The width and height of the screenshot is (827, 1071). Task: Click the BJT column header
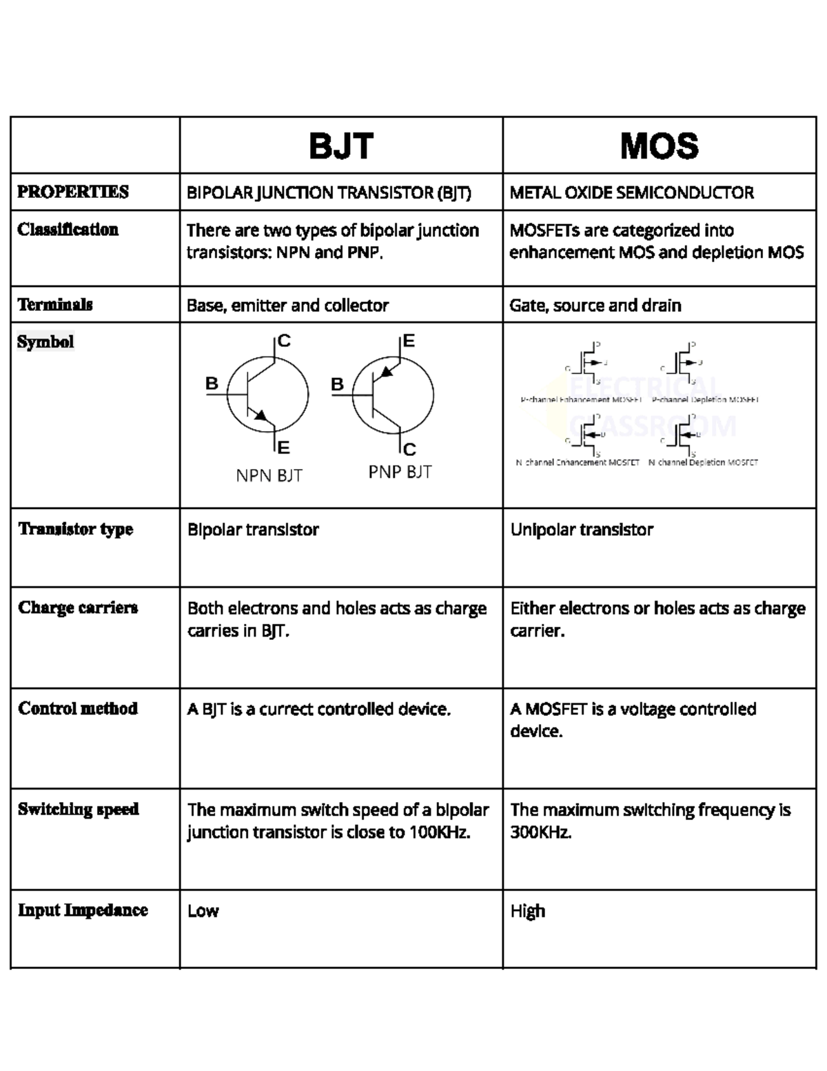pyautogui.click(x=341, y=146)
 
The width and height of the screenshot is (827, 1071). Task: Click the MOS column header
pyautogui.click(x=660, y=146)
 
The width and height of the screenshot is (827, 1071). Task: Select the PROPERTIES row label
pyautogui.click(x=73, y=192)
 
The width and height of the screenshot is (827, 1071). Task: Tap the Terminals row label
pyautogui.click(x=55, y=305)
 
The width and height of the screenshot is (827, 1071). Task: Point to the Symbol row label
pyautogui.click(x=45, y=342)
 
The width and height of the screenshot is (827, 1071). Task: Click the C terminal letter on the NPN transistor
pyautogui.click(x=284, y=341)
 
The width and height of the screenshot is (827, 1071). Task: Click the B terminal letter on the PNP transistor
pyautogui.click(x=338, y=385)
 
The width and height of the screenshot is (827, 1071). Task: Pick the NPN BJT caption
pyautogui.click(x=269, y=476)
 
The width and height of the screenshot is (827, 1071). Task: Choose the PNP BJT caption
pyautogui.click(x=400, y=472)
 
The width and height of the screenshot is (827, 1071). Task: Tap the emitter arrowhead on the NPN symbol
pyautogui.click(x=261, y=415)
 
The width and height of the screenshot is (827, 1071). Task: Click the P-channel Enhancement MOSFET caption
pyautogui.click(x=581, y=400)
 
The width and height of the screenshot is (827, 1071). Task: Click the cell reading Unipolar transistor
pyautogui.click(x=582, y=530)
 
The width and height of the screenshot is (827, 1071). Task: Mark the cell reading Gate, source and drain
pyautogui.click(x=595, y=306)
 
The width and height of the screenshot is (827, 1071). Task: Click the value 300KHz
pyautogui.click(x=541, y=832)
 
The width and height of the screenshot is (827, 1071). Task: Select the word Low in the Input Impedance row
pyautogui.click(x=203, y=911)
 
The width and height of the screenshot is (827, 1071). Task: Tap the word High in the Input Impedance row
pyautogui.click(x=528, y=911)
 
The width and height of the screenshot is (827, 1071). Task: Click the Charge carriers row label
pyautogui.click(x=78, y=608)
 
